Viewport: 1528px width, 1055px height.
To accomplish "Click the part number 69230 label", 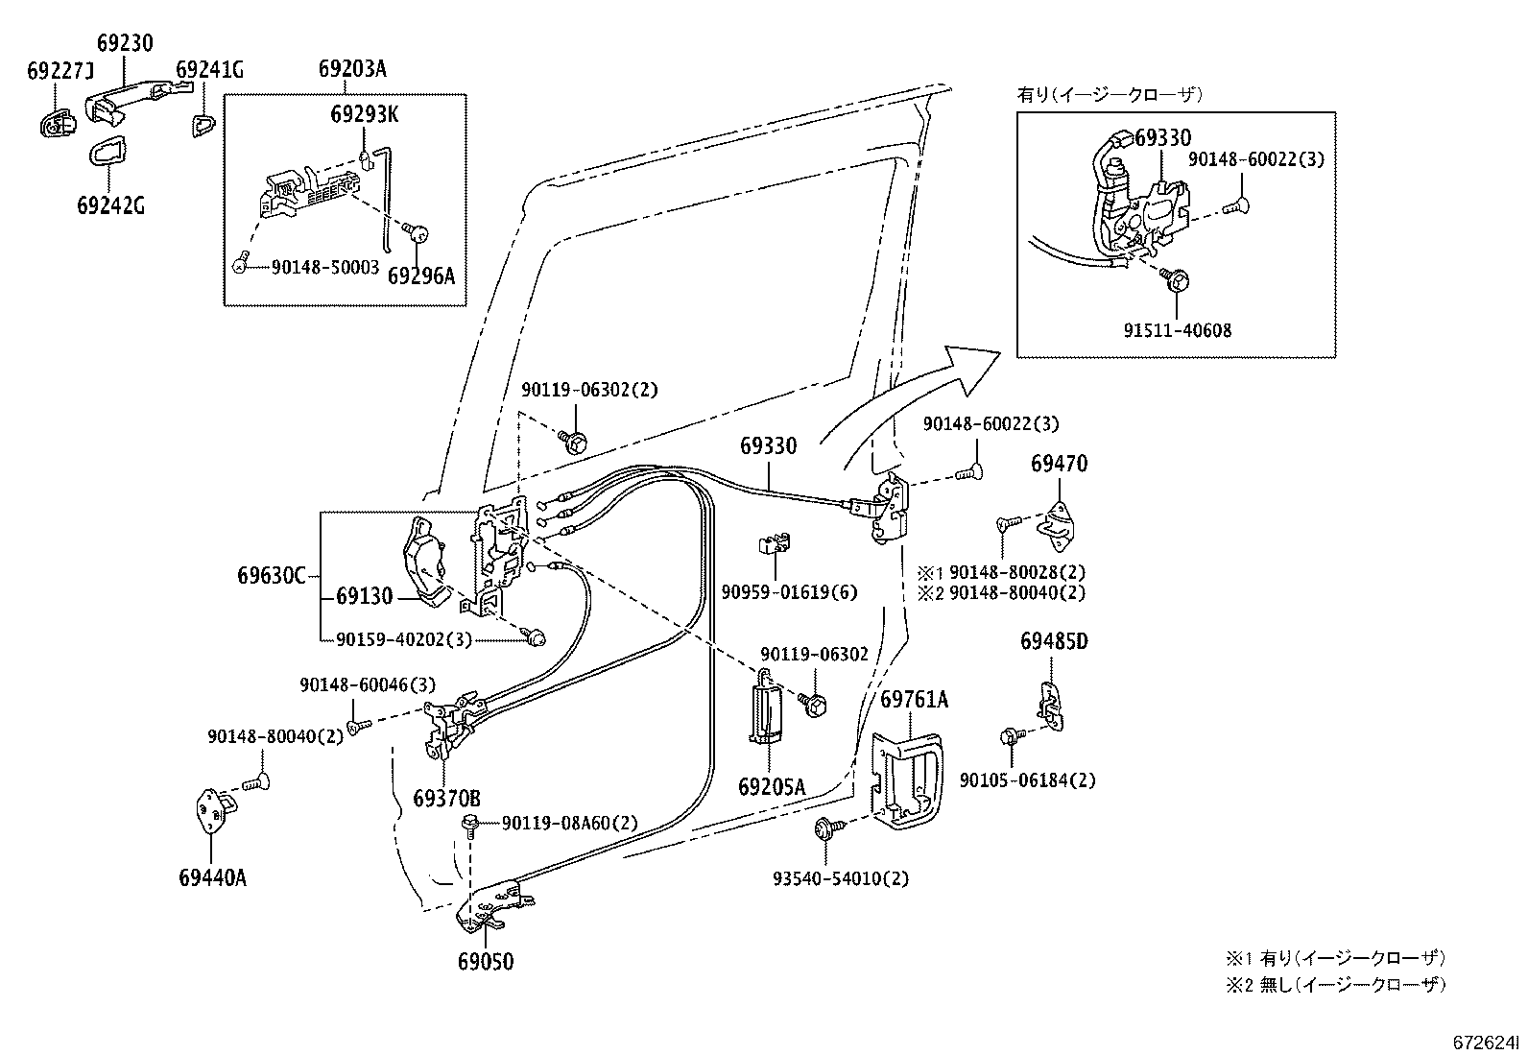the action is (125, 43).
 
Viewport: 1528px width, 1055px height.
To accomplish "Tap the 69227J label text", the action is (60, 70).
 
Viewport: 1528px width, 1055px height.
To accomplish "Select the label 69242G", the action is (110, 204).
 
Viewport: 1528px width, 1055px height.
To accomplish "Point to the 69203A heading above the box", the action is (352, 69).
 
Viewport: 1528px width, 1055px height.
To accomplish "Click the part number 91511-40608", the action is (1178, 330).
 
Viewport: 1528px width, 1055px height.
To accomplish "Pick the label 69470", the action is (1059, 464).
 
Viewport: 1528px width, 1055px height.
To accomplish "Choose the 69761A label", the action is (914, 700).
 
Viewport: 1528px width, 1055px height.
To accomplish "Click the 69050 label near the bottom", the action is (486, 962).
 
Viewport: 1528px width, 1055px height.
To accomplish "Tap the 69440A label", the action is (213, 877).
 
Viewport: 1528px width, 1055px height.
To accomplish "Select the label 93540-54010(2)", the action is (841, 878).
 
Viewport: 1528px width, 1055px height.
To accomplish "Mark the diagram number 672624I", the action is (1485, 1043).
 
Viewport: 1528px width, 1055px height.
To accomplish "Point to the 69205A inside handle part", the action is (767, 707).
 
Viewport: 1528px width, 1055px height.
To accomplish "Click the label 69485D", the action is (1054, 641).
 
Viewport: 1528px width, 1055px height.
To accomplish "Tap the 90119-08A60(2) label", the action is (569, 823).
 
